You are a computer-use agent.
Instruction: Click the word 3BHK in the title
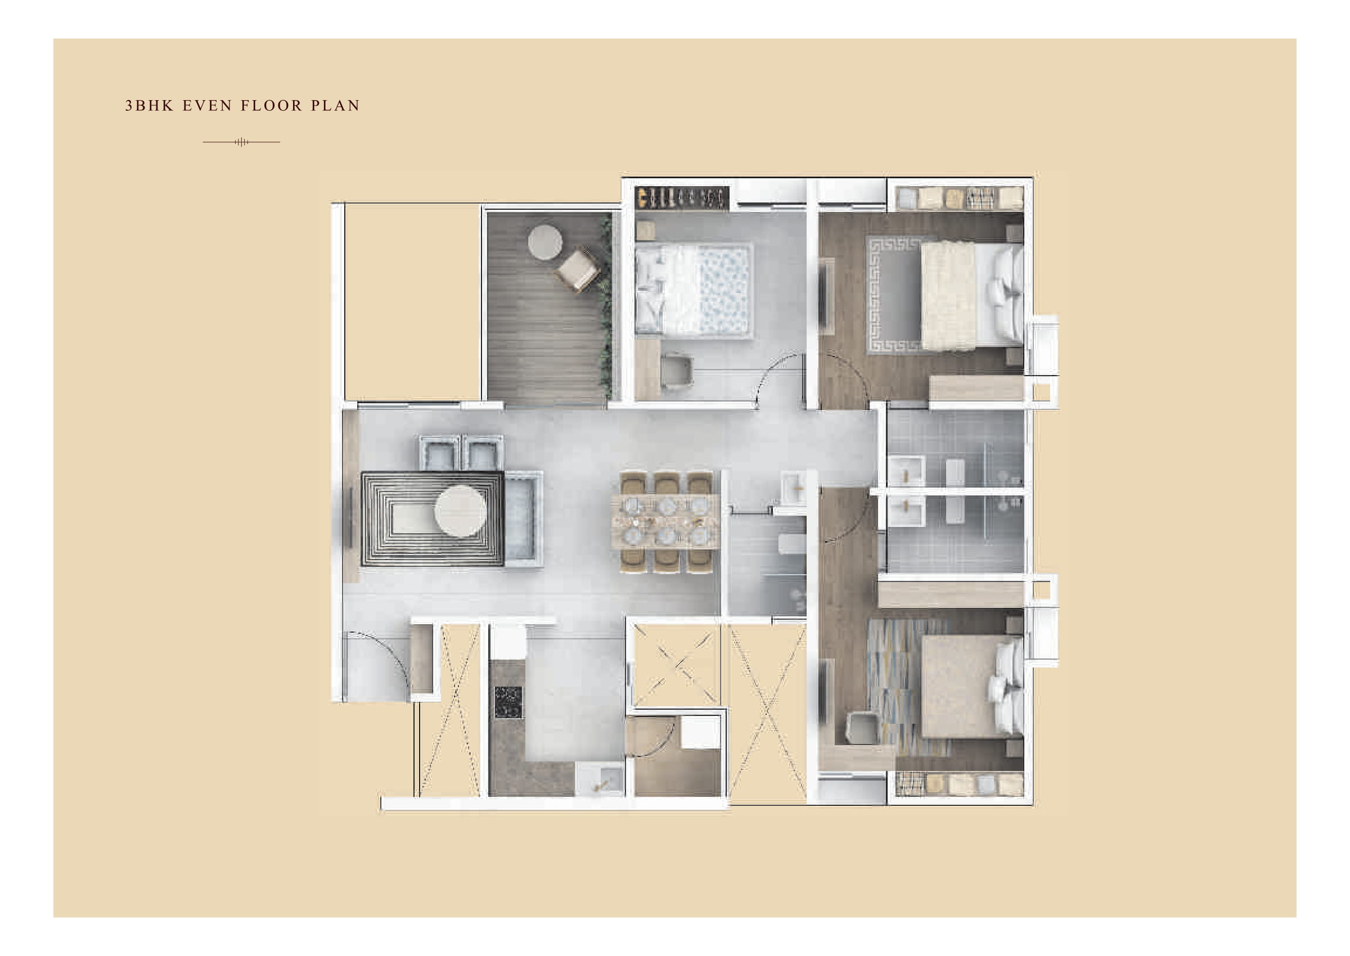(x=149, y=106)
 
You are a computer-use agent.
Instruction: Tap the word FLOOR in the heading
(x=271, y=106)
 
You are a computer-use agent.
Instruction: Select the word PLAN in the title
(x=335, y=106)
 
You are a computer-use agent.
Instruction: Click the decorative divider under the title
(x=241, y=142)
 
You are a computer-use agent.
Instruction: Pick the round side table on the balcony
(x=544, y=242)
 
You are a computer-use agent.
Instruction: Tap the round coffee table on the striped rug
(x=460, y=511)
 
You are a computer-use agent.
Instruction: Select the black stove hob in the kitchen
(x=508, y=702)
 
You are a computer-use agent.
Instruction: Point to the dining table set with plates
(x=665, y=521)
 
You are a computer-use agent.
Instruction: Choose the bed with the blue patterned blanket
(x=695, y=291)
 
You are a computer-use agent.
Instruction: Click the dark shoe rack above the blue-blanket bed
(x=681, y=198)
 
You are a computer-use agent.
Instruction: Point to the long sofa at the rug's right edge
(x=523, y=518)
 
